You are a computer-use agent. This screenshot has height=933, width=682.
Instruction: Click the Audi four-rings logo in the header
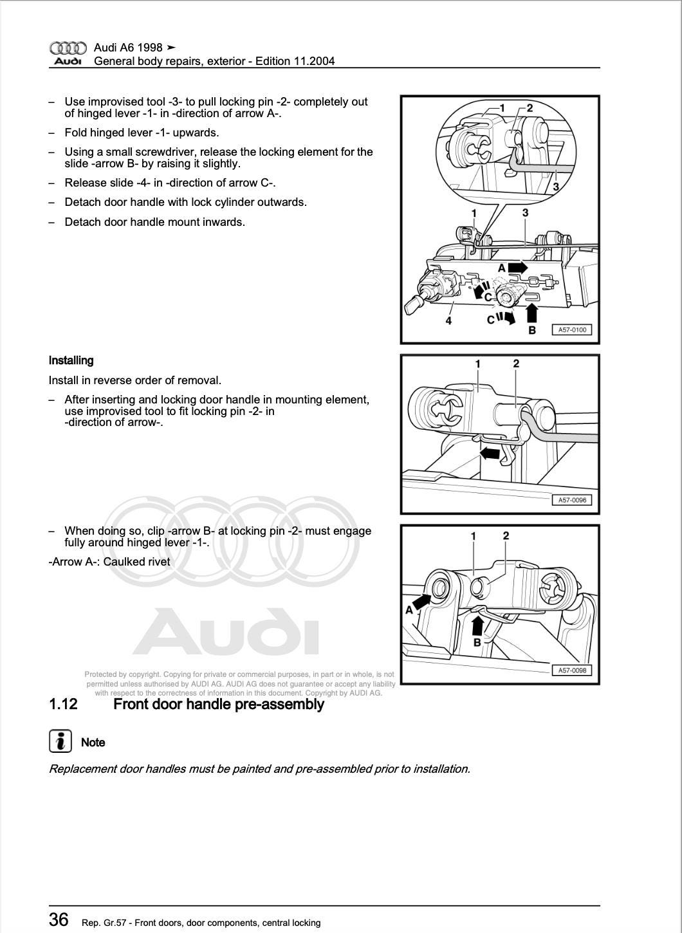pos(68,48)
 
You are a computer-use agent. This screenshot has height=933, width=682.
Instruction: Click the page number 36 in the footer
pos(59,919)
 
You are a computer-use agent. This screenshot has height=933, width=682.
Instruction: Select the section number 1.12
pos(63,704)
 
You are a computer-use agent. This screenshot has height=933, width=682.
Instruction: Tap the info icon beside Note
pos(60,742)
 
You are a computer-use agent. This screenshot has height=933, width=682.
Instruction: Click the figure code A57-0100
pos(571,329)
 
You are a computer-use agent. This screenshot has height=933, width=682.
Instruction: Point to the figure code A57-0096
pos(571,500)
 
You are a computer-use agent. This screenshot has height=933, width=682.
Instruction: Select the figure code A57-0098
pos(571,670)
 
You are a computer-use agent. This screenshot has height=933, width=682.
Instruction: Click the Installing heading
pos(71,360)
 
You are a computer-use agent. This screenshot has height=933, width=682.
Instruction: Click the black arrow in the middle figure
pos(490,454)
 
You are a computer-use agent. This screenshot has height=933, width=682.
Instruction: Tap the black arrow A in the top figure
pos(517,267)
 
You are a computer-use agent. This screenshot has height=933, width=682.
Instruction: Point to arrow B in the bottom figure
pos(477,625)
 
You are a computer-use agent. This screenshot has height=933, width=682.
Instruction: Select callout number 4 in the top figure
pos(448,320)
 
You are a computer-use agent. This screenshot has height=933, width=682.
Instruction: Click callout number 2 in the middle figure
pos(516,364)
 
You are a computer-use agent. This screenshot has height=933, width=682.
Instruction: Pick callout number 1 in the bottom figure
pos(474,536)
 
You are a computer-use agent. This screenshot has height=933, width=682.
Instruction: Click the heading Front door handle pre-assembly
pos(218,704)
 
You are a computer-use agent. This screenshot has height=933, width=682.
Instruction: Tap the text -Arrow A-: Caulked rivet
pos(109,562)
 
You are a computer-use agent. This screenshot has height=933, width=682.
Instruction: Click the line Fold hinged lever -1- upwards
pos(142,133)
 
